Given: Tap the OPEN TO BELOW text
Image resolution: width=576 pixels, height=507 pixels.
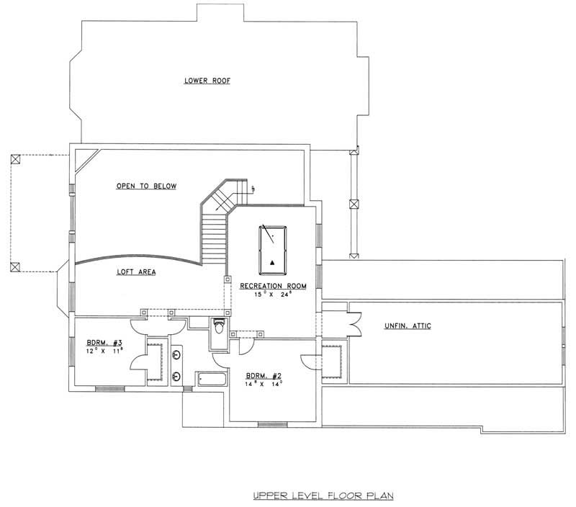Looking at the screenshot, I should pyautogui.click(x=146, y=187).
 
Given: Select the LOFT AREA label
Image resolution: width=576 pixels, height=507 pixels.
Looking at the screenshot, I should pyautogui.click(x=136, y=272).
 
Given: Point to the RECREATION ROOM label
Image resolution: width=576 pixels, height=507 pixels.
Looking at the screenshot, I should pyautogui.click(x=273, y=286).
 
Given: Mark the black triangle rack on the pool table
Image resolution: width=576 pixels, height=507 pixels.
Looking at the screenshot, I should pyautogui.click(x=273, y=261).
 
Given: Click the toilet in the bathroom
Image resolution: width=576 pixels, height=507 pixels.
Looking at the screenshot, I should pyautogui.click(x=220, y=329).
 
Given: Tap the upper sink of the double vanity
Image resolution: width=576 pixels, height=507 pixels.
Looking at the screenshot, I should pyautogui.click(x=176, y=354).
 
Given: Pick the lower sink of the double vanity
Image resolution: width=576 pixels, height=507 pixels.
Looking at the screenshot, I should pyautogui.click(x=176, y=374).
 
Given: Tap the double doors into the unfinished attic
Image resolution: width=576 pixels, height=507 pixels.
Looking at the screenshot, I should pyautogui.click(x=351, y=322).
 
